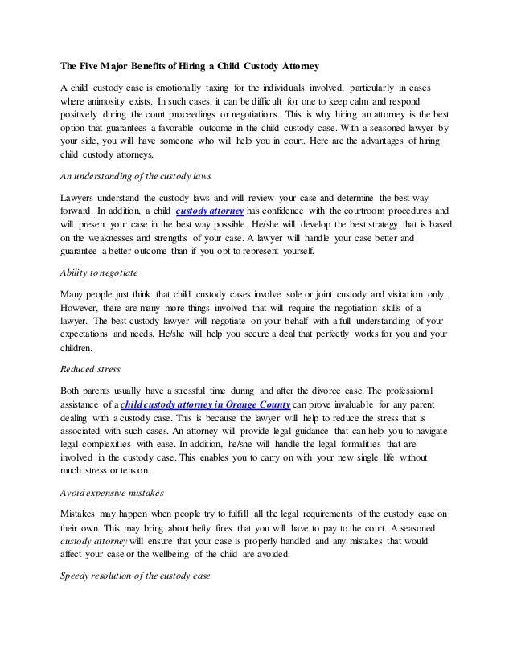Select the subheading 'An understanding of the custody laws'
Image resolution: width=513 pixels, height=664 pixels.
pos(137,175)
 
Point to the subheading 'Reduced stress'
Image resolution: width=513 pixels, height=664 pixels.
pos(90,369)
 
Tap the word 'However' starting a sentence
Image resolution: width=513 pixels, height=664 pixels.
pos(81,307)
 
